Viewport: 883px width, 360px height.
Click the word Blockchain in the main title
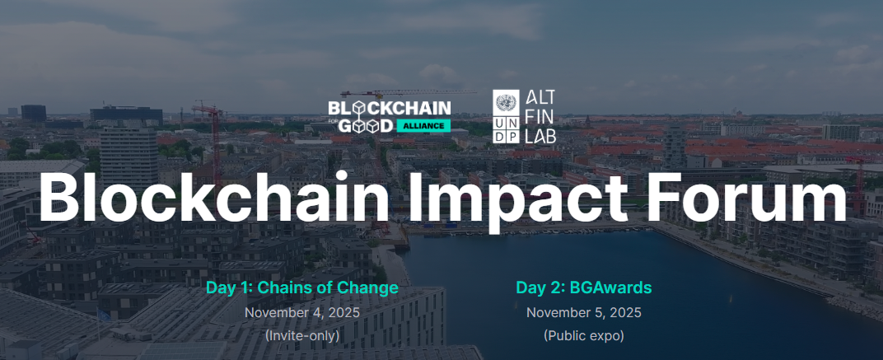[213, 195]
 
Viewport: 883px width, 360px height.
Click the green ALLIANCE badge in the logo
[423, 126]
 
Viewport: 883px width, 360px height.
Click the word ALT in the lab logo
[540, 97]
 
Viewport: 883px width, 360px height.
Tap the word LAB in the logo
[540, 135]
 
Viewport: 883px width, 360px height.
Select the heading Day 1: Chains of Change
[301, 288]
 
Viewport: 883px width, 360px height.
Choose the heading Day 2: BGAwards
[584, 288]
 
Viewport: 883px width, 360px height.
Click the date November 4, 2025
[301, 313]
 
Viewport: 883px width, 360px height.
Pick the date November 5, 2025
[584, 313]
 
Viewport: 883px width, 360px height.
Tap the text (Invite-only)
[301, 336]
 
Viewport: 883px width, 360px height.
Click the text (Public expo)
[584, 336]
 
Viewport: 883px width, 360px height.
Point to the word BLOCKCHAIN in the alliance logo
[389, 108]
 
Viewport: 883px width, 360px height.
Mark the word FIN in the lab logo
[538, 117]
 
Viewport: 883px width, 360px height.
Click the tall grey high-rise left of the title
[129, 157]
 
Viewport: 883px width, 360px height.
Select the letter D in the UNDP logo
[499, 136]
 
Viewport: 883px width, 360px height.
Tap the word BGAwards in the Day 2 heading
[610, 288]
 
